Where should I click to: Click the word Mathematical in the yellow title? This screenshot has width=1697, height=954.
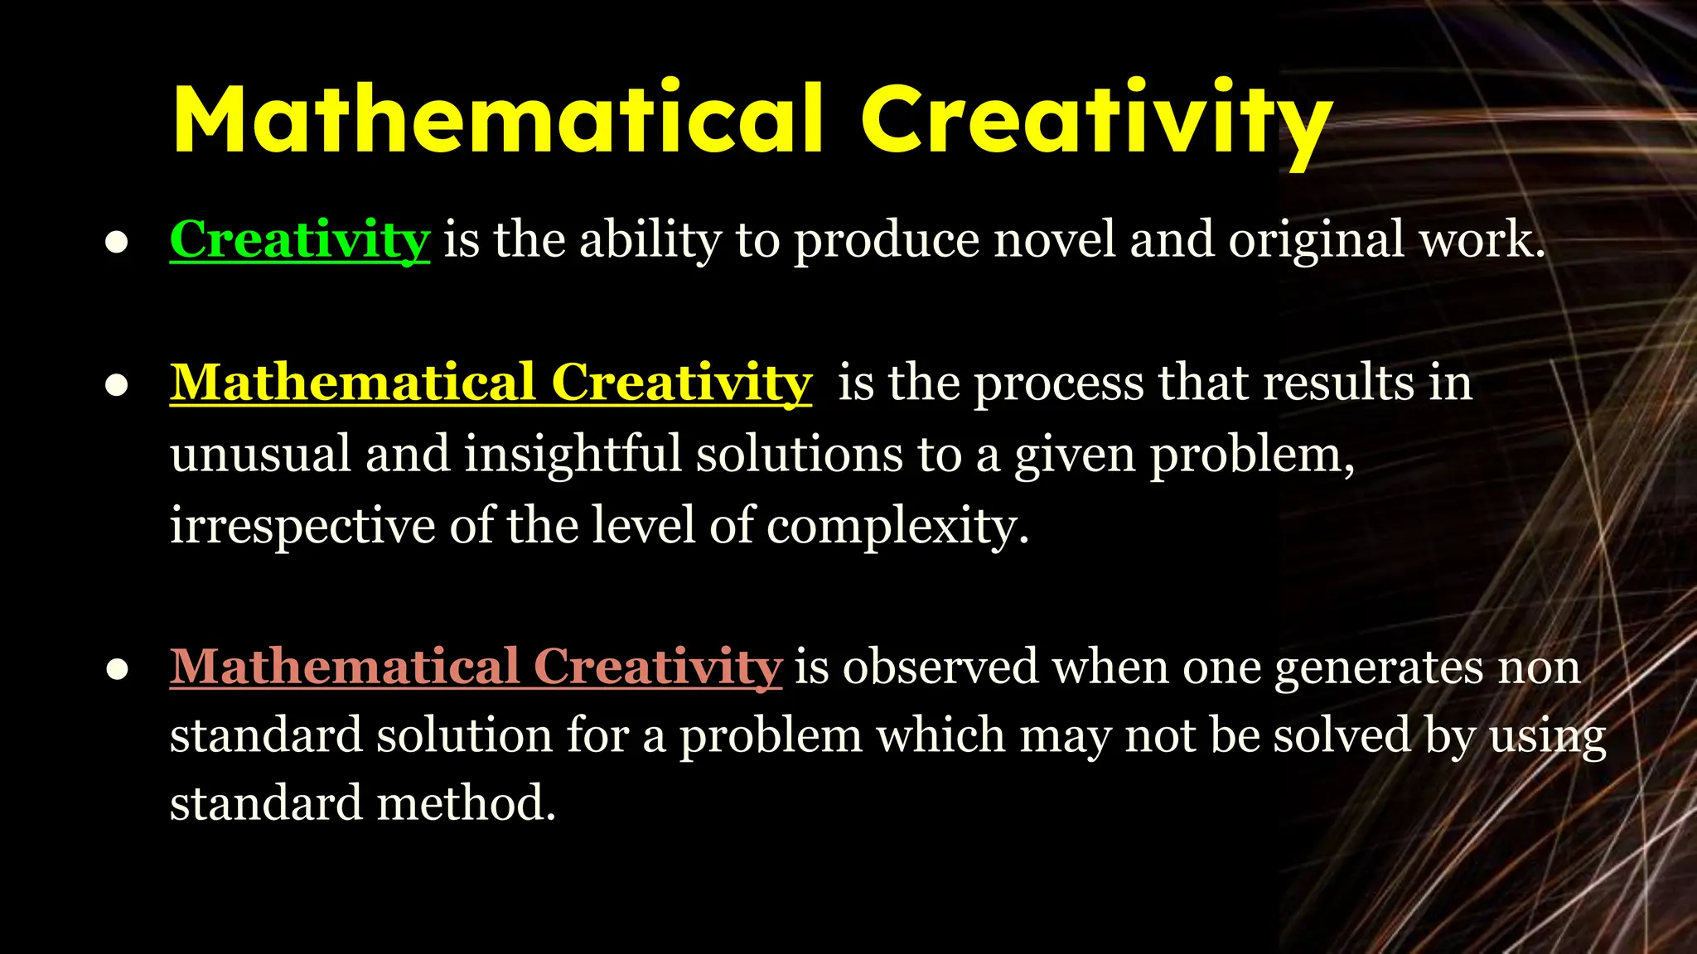click(497, 120)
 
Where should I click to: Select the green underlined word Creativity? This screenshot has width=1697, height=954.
click(299, 240)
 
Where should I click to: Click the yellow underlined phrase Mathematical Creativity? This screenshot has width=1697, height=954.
click(491, 383)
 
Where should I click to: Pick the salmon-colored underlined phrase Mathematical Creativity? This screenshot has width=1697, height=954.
click(476, 667)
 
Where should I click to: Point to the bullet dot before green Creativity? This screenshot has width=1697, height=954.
click(117, 242)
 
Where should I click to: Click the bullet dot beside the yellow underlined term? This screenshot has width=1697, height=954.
click(117, 385)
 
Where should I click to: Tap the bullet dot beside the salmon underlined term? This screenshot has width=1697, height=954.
click(117, 668)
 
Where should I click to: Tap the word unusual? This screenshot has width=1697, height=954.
click(260, 455)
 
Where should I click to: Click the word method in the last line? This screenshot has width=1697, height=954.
click(460, 803)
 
